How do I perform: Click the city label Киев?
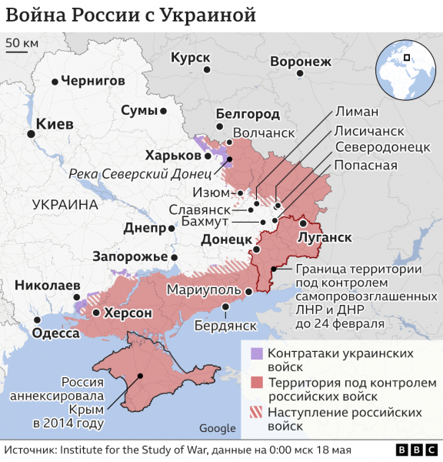click(x=55, y=124)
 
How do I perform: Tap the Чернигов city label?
click(x=92, y=80)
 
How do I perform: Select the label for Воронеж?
click(x=300, y=62)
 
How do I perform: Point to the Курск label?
click(x=190, y=58)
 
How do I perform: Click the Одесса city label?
click(x=55, y=333)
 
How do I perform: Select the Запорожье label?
click(x=130, y=256)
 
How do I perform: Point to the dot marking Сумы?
click(x=164, y=111)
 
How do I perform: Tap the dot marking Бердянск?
click(x=225, y=306)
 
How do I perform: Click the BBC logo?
click(x=413, y=449)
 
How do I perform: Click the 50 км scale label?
click(x=22, y=43)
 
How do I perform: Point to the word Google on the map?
click(x=217, y=428)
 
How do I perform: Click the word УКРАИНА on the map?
click(x=66, y=204)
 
